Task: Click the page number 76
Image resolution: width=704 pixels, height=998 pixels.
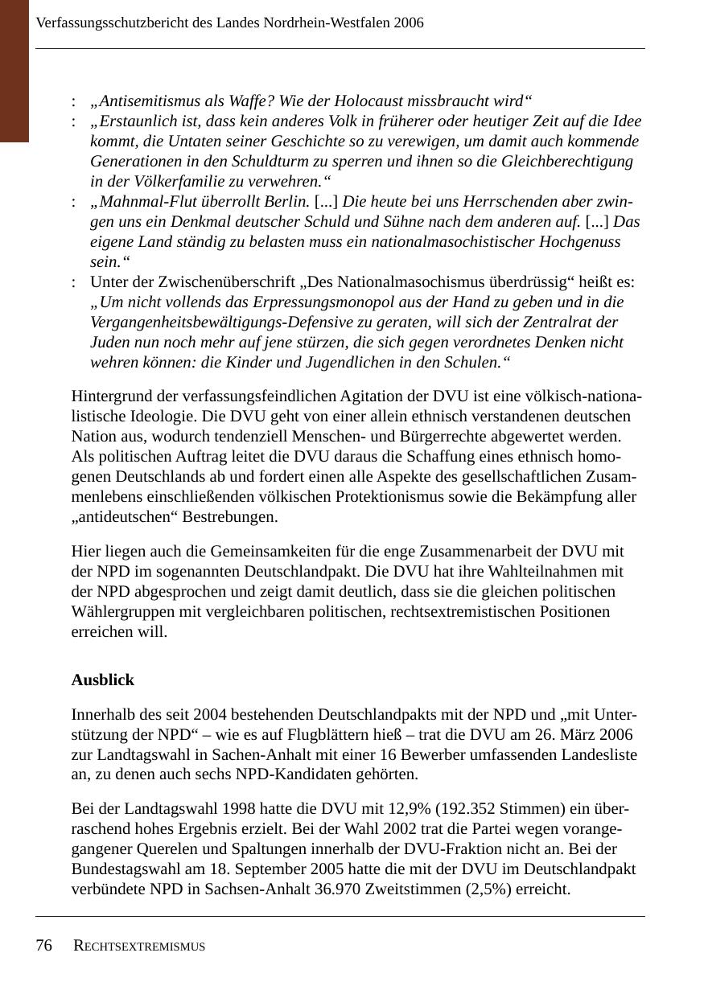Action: click(43, 945)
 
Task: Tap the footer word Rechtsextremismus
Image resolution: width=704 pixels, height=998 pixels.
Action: click(139, 947)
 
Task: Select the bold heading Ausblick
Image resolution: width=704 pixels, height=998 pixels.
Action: click(103, 680)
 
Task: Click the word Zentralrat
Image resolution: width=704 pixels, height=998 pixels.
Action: click(566, 322)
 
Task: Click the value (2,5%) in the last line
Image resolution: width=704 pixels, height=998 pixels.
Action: click(485, 889)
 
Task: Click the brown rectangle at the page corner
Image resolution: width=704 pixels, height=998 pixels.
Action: click(14, 71)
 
